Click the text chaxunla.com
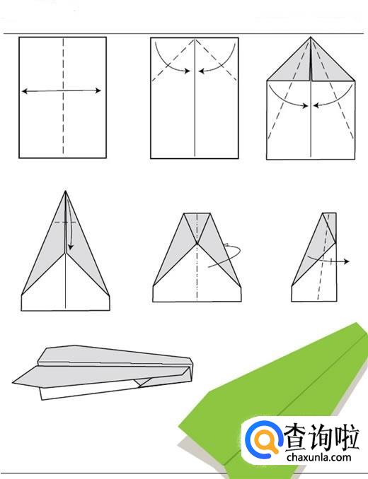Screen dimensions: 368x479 (x=318, y=457)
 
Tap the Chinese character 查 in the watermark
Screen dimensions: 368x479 (x=297, y=436)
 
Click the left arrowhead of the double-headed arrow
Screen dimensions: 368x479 (x=25, y=91)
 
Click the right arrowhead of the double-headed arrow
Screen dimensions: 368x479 (x=98, y=90)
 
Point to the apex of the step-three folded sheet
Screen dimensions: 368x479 (x=311, y=37)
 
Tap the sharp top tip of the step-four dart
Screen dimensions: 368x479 (x=66, y=191)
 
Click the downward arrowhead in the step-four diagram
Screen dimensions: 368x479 (x=71, y=247)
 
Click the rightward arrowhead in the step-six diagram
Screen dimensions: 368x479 (x=346, y=261)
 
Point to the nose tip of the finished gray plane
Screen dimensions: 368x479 (x=13, y=382)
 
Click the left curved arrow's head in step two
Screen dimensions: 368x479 (x=188, y=71)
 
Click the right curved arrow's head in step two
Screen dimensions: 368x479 (x=202, y=71)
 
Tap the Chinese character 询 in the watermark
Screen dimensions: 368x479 (x=321, y=436)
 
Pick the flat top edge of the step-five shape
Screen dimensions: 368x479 (x=197, y=213)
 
